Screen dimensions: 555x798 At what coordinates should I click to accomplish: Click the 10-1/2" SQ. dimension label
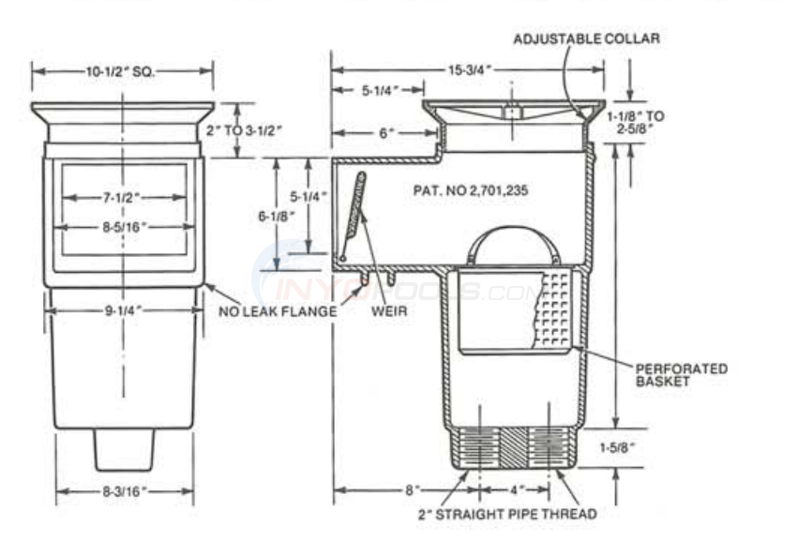click(122, 70)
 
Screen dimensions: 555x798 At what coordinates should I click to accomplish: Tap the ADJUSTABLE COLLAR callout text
click(586, 38)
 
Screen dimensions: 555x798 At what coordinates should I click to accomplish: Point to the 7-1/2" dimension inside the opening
click(123, 197)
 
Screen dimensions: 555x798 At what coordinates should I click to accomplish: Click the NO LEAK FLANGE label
click(277, 311)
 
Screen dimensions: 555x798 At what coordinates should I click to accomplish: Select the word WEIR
click(389, 311)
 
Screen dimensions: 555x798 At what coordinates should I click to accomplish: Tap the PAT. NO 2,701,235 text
click(471, 189)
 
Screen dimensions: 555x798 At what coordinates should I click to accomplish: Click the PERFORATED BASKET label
click(681, 375)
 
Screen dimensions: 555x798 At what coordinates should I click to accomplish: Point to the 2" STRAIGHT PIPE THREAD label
click(506, 514)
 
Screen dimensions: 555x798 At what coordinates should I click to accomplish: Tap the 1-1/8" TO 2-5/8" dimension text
click(641, 122)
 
